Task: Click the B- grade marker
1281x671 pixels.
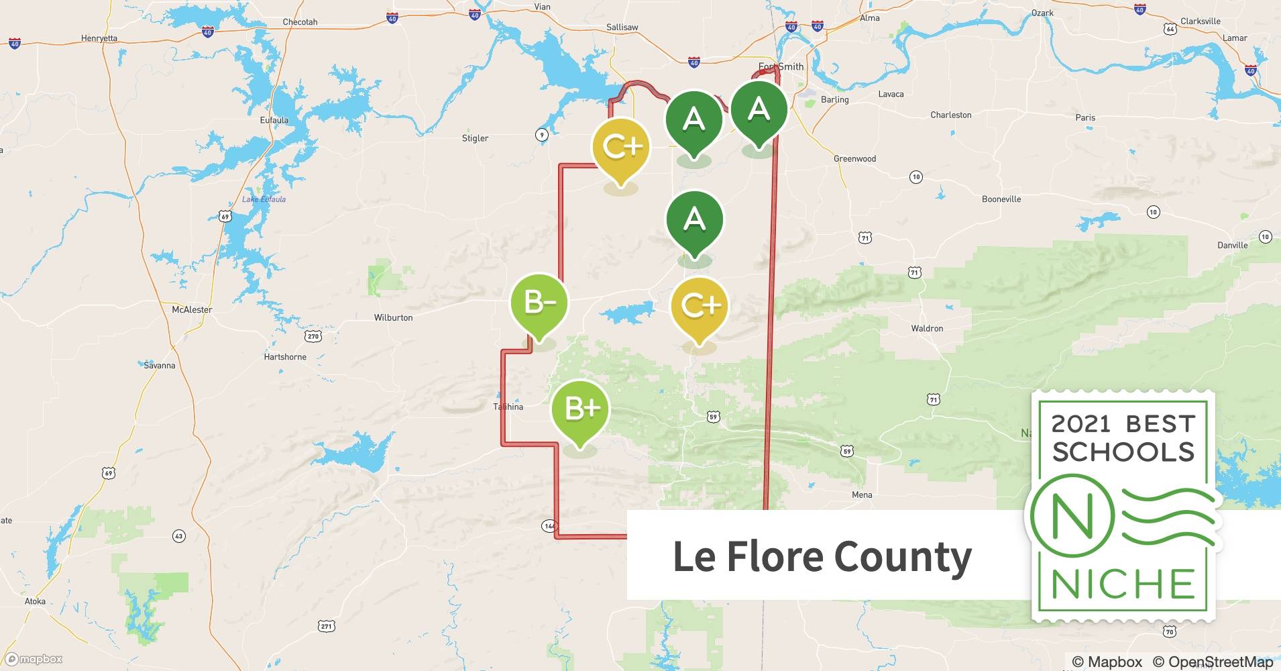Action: [x=539, y=304]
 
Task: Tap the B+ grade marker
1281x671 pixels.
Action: [x=580, y=409]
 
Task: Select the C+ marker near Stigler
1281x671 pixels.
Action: [x=621, y=147]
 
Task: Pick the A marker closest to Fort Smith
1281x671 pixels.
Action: [x=759, y=109]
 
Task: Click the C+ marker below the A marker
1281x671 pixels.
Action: [x=700, y=306]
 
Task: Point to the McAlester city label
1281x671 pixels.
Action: [x=192, y=310]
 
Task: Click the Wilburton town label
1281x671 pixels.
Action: [x=393, y=317]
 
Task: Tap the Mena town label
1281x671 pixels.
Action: [x=862, y=495]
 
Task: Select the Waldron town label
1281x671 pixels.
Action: [x=927, y=329]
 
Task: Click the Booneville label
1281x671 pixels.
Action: [x=1001, y=199]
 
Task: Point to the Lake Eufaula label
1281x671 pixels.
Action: [x=264, y=199]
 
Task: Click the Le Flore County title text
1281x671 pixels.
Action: [x=822, y=556]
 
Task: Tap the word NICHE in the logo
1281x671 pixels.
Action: [x=1123, y=584]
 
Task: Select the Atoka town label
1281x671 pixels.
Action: [x=35, y=601]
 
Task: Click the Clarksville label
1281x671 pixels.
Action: [x=1201, y=21]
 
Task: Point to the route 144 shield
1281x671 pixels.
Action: [x=549, y=526]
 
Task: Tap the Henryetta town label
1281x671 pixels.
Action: [x=99, y=38]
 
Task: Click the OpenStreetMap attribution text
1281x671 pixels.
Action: [x=1213, y=662]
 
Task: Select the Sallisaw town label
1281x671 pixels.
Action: [x=622, y=28]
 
